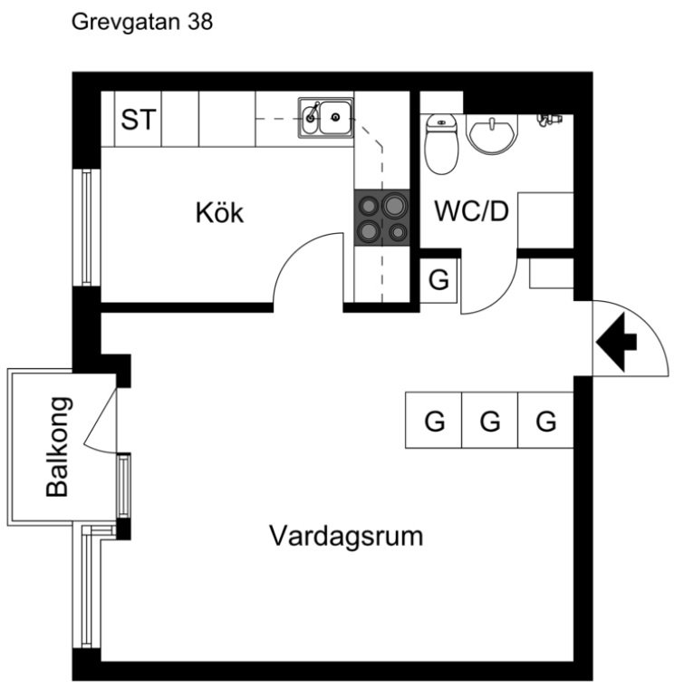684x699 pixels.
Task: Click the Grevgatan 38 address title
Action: pyautogui.click(x=142, y=23)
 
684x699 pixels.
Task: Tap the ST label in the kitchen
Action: pyautogui.click(x=139, y=120)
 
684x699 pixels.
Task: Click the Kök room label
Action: pyautogui.click(x=219, y=213)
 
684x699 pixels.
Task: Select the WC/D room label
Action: pyautogui.click(x=471, y=211)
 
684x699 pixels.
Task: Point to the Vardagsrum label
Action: pyautogui.click(x=346, y=536)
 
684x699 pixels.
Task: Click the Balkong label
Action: pyautogui.click(x=57, y=447)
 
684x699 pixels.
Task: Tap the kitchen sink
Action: pyautogui.click(x=326, y=118)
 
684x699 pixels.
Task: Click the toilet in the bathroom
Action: pyautogui.click(x=441, y=143)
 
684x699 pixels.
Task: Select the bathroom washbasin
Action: pyautogui.click(x=493, y=133)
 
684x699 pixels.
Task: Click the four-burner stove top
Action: pyautogui.click(x=382, y=218)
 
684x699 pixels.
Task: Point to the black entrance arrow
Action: pyautogui.click(x=616, y=343)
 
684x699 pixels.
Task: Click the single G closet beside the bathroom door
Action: pyautogui.click(x=438, y=280)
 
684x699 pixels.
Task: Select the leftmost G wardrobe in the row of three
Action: pyautogui.click(x=434, y=420)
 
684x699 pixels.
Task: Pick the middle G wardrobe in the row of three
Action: pyautogui.click(x=490, y=420)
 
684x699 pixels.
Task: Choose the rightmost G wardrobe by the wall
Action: pyautogui.click(x=546, y=420)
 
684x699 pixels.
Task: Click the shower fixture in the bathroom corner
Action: pyautogui.click(x=549, y=120)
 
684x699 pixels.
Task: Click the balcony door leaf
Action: pyautogui.click(x=101, y=419)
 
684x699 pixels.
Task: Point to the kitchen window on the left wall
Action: pyautogui.click(x=87, y=227)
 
